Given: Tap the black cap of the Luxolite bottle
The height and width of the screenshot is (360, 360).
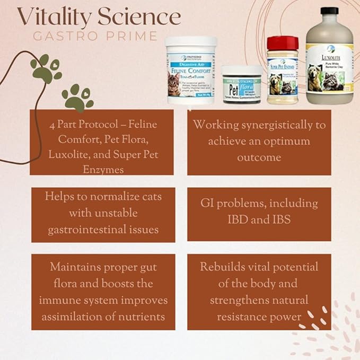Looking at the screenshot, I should coord(329,11).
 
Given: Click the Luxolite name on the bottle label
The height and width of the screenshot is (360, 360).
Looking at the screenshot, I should coord(329,62).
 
